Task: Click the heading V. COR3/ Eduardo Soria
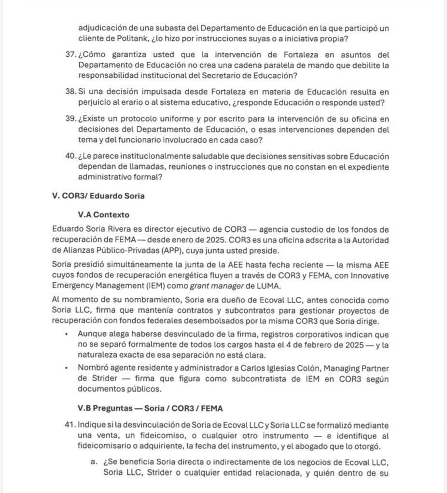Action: pyautogui.click(x=98, y=196)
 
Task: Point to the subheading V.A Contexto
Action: pyautogui.click(x=103, y=215)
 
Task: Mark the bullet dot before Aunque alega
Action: pyautogui.click(x=65, y=334)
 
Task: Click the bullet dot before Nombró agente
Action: pyautogui.click(x=65, y=368)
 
